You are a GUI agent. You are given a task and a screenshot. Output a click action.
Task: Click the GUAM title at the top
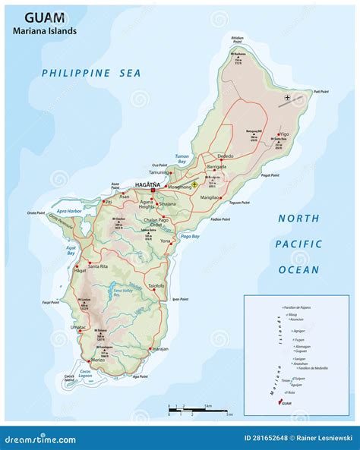[x=43, y=16]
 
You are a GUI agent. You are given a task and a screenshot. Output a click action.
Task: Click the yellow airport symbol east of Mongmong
[x=195, y=184]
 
